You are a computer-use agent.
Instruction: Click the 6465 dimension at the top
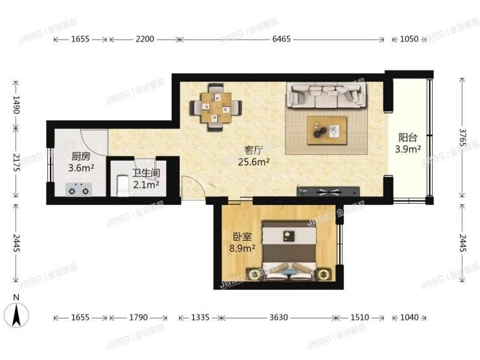pyautogui.click(x=281, y=39)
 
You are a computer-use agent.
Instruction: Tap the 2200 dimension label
pyautogui.click(x=145, y=39)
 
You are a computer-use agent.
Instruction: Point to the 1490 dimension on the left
pyautogui.click(x=16, y=104)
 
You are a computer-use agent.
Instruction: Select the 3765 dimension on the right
pyautogui.click(x=462, y=138)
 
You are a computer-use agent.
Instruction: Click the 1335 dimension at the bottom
pyautogui.click(x=200, y=317)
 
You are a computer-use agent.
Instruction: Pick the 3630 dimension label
pyautogui.click(x=278, y=317)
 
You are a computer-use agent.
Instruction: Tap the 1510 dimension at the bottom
pyautogui.click(x=360, y=317)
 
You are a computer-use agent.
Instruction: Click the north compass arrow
pyautogui.click(x=16, y=315)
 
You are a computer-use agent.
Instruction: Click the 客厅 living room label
pyautogui.click(x=254, y=150)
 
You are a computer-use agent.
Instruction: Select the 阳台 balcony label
pyautogui.click(x=408, y=138)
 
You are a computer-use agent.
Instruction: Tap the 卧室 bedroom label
pyautogui.click(x=243, y=237)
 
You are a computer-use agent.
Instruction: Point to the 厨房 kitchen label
pyautogui.click(x=81, y=156)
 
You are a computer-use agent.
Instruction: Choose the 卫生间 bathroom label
pyautogui.click(x=146, y=173)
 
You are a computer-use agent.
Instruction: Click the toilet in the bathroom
pyautogui.click(x=123, y=186)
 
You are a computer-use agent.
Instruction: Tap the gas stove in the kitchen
pyautogui.click(x=79, y=189)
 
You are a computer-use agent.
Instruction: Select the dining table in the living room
pyautogui.click(x=216, y=108)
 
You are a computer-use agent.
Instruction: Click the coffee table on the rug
pyautogui.click(x=328, y=130)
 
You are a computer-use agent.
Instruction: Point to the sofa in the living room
pyautogui.click(x=326, y=96)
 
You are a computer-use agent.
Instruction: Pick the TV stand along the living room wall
pyautogui.click(x=328, y=191)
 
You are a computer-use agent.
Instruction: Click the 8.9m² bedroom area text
pyautogui.click(x=242, y=248)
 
